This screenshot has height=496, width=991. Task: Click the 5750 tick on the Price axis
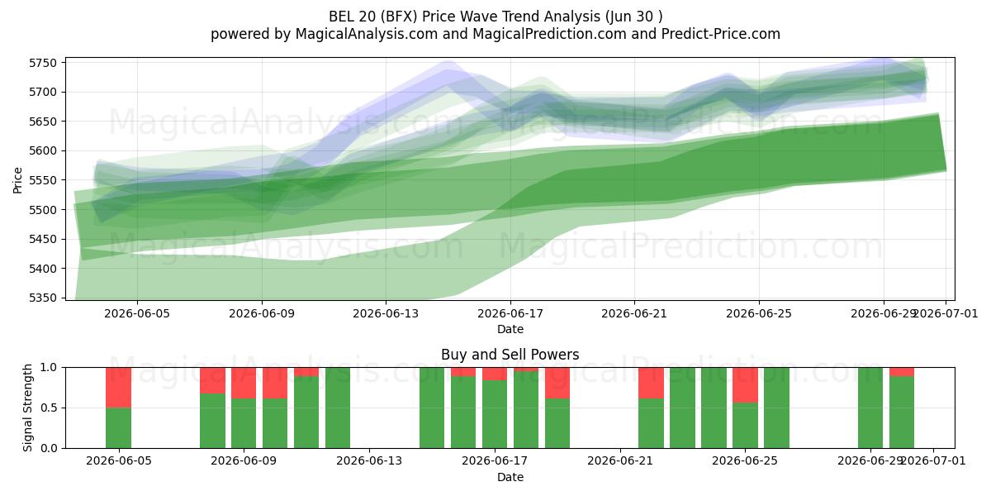coord(43,63)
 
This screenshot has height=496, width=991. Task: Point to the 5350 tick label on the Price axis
coord(43,298)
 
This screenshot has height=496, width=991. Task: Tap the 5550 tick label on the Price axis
coord(43,180)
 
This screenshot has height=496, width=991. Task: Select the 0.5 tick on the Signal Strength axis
coord(49,408)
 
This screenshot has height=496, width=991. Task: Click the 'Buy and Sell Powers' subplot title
coord(510,355)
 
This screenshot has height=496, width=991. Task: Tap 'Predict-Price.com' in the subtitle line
coord(721,34)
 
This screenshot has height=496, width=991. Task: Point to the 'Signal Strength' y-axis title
coord(27,408)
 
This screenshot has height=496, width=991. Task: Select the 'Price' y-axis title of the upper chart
coord(17,180)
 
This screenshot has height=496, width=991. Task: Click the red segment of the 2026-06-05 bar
coord(119,388)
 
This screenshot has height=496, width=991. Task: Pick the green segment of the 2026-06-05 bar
coord(119,428)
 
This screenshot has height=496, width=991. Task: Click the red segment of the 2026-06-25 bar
coord(745,385)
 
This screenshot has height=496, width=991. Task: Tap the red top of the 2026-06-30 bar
coord(902,371)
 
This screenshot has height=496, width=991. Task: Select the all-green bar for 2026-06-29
coord(870,408)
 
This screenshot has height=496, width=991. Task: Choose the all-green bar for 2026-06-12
coord(338,408)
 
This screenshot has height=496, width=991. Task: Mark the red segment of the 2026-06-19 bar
coord(557,383)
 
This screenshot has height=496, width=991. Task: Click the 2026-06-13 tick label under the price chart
coord(386,313)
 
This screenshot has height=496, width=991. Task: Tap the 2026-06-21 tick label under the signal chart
coord(620,460)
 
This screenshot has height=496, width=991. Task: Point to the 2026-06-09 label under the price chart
coord(262,313)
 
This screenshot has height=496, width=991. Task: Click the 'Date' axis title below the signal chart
coord(510,477)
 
